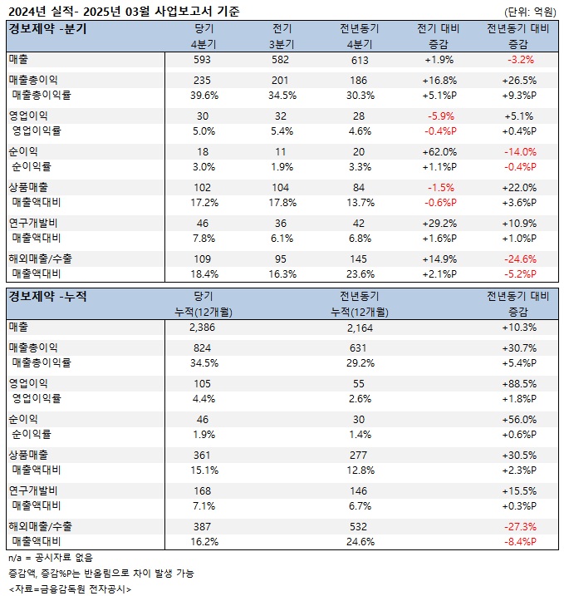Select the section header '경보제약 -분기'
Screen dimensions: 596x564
(x=47, y=28)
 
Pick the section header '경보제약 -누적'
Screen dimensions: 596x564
(x=47, y=295)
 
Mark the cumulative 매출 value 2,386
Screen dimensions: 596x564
(x=203, y=328)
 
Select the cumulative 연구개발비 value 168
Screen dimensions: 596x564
(x=203, y=490)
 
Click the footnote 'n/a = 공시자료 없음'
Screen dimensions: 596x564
(x=51, y=557)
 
